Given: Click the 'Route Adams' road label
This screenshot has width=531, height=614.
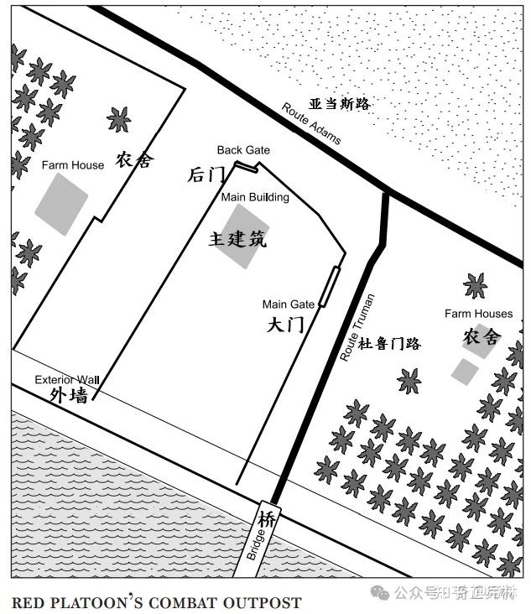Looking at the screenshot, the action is [311, 123].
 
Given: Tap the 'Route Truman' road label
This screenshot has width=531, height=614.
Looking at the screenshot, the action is [357, 327].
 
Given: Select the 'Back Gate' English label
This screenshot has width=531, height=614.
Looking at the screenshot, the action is [243, 150].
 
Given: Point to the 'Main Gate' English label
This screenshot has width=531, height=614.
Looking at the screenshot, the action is [289, 304].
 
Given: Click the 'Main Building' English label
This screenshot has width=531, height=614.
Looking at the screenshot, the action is [255, 197].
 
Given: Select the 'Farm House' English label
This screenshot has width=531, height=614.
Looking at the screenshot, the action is [73, 165].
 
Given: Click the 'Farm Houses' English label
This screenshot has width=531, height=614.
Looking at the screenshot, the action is [478, 314].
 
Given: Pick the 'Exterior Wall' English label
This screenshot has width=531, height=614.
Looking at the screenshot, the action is [66, 380].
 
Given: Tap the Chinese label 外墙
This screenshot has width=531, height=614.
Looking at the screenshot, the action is [69, 395].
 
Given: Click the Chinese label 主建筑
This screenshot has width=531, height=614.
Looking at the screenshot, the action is [237, 240].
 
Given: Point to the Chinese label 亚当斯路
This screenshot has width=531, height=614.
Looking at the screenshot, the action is [339, 104].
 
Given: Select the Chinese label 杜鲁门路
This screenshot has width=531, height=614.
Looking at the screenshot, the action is [389, 343].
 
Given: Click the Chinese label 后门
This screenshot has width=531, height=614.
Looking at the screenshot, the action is [206, 174].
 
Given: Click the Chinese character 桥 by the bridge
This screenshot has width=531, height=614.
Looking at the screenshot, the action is [268, 519].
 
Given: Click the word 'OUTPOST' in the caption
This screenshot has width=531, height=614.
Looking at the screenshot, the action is [265, 602].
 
